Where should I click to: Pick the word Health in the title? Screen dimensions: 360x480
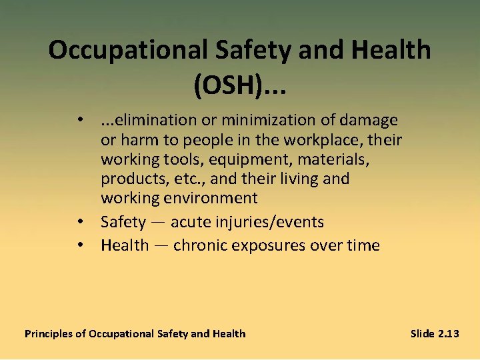tap(393, 51)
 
